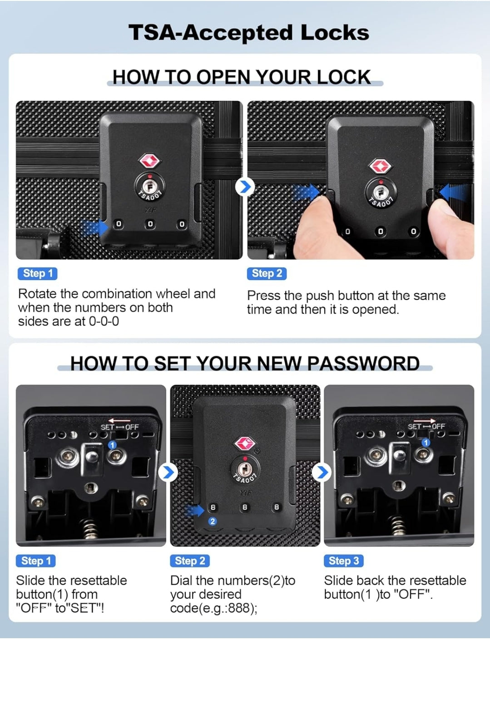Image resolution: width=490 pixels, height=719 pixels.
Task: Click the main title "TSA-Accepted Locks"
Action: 248,33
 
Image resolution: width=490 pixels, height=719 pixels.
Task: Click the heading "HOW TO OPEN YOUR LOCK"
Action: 242,77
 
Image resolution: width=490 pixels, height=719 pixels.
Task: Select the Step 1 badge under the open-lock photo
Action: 38,273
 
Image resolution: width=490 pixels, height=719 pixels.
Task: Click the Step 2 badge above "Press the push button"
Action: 267,273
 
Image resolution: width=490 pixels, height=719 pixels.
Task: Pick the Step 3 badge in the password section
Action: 344,561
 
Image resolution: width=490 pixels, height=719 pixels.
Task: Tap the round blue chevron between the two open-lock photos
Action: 245,187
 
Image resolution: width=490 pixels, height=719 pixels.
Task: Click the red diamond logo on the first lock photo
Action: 149,161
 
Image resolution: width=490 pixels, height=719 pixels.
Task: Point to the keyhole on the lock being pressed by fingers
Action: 381,192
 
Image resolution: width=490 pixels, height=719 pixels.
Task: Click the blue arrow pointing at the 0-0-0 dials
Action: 95,228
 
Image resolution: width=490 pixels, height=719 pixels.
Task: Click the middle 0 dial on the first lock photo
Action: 150,224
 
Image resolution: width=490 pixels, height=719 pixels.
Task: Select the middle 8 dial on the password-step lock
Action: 245,507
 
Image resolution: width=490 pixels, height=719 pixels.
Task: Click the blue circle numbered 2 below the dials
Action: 213,521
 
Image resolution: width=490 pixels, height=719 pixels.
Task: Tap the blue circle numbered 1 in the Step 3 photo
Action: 426,443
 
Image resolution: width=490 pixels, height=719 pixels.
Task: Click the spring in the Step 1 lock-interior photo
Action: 90,528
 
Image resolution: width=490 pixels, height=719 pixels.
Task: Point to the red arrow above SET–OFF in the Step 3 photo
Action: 425,421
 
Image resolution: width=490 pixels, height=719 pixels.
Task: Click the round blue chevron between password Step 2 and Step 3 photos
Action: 322,472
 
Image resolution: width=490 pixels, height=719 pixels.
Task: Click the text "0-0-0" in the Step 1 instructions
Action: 104,321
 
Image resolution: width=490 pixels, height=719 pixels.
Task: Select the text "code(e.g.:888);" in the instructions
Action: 214,608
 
